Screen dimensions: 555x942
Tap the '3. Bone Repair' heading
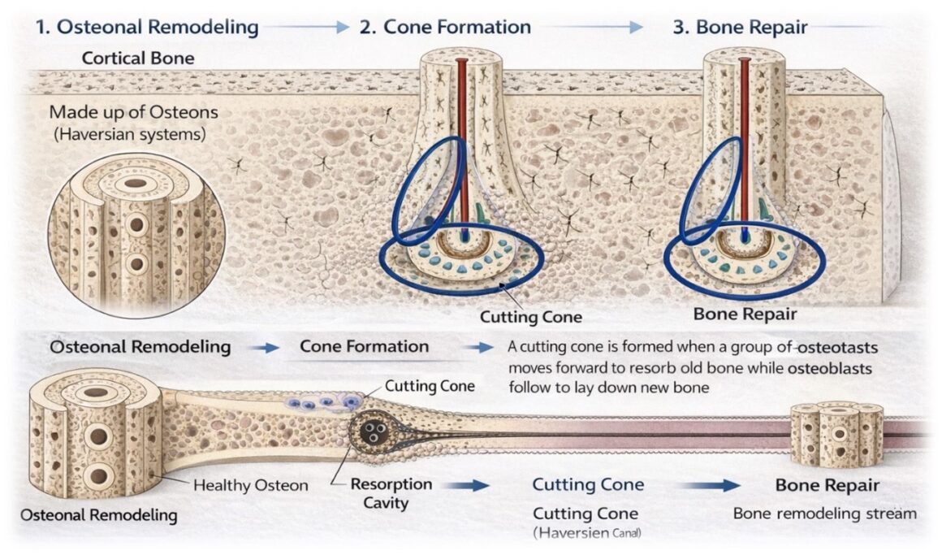740,27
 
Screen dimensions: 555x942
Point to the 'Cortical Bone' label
138,59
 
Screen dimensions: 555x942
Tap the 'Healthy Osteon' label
250,485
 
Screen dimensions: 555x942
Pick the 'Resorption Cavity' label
391,492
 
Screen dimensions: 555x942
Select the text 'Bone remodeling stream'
824,514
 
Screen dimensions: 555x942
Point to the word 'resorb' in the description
638,367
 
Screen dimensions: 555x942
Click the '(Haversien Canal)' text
590,533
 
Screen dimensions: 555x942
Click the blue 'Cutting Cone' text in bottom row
588,485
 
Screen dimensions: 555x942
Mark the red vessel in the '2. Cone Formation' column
462,146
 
